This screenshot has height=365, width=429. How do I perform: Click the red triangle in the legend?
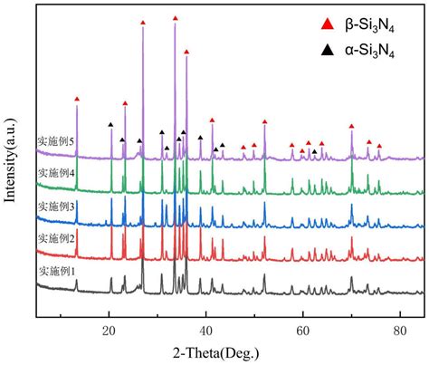pyautogui.click(x=328, y=24)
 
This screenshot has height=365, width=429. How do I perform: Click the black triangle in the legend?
pyautogui.click(x=328, y=50)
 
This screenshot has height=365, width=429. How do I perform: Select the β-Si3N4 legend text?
pyautogui.click(x=370, y=26)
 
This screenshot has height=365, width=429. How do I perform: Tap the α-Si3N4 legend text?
pyautogui.click(x=370, y=52)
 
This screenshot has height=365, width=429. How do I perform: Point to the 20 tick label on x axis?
pyautogui.click(x=109, y=331)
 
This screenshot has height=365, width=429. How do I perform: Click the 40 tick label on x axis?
pyautogui.click(x=205, y=331)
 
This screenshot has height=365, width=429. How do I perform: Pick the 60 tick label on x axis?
pyautogui.click(x=302, y=331)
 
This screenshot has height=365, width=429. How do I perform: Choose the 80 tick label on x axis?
pyautogui.click(x=400, y=331)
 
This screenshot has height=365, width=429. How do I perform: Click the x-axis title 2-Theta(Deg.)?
pyautogui.click(x=216, y=352)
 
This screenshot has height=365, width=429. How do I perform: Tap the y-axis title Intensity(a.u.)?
pyautogui.click(x=10, y=160)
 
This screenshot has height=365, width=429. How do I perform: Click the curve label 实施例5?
pyautogui.click(x=56, y=141)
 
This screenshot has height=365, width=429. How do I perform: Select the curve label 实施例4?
pyautogui.click(x=56, y=173)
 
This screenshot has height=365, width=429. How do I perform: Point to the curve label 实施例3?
pyautogui.click(x=56, y=207)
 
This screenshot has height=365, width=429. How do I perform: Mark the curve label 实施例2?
pyautogui.click(x=56, y=239)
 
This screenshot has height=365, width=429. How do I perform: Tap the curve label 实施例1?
pyautogui.click(x=57, y=272)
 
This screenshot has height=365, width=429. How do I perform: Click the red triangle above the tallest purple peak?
pyautogui.click(x=176, y=18)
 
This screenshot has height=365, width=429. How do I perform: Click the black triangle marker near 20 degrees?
pyautogui.click(x=110, y=124)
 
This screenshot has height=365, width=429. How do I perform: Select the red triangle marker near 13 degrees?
pyautogui.click(x=77, y=99)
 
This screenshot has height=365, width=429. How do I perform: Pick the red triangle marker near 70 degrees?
pyautogui.click(x=351, y=126)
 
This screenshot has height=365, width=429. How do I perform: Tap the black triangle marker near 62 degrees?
pyautogui.click(x=314, y=151)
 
